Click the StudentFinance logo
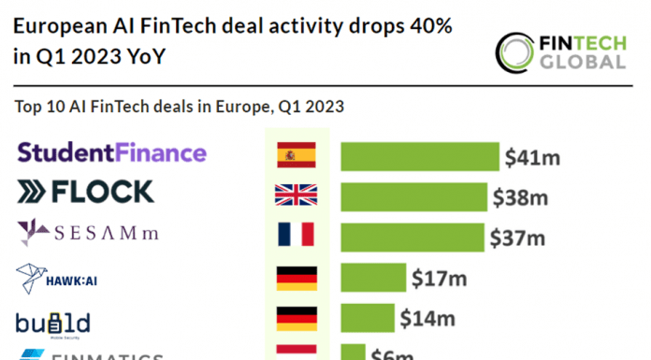point(111,152)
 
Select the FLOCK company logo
point(85,193)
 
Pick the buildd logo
point(52,323)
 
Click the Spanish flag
point(297,154)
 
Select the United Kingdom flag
point(297,195)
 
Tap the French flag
point(297,236)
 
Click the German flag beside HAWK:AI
point(297,278)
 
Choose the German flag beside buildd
point(297,319)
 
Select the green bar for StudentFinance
point(419,156)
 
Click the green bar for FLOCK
point(414,196)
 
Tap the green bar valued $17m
point(373,278)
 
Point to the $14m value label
point(427,319)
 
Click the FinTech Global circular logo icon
point(514,52)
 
